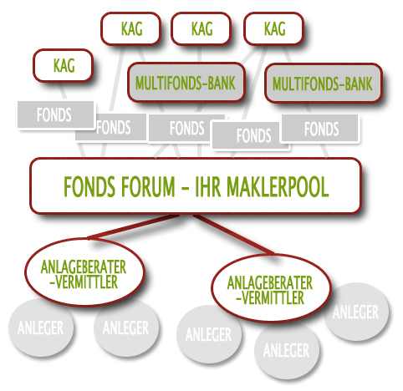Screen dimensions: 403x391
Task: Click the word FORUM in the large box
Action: coord(148,186)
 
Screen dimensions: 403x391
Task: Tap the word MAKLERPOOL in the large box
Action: coord(278,186)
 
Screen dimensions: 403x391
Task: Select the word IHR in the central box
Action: coord(206,186)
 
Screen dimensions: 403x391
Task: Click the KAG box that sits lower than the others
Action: coord(63,65)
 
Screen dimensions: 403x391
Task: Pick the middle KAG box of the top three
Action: coord(201,28)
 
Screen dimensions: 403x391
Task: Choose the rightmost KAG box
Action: coord(274,28)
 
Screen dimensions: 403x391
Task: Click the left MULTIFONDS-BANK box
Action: coord(186,83)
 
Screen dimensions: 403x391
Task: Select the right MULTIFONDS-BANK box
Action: coord(324,84)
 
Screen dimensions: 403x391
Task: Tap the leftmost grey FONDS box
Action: coord(56,114)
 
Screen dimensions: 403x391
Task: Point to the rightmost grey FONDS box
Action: coord(320,129)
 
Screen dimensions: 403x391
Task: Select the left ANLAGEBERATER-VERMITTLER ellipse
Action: coord(85,272)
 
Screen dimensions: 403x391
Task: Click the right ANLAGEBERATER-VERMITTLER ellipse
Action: coord(272,288)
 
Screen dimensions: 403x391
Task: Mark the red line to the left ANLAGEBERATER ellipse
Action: coord(133,226)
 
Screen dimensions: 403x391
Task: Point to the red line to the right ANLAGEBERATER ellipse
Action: coord(234,235)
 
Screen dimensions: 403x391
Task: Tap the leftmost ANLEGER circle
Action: coord(41,328)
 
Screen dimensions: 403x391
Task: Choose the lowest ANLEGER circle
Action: coord(287,350)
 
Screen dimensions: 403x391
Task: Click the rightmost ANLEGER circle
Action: coord(356,312)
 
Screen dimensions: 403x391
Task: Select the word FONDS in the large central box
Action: coord(89,186)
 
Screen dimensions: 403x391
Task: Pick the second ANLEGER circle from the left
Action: coord(126,328)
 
